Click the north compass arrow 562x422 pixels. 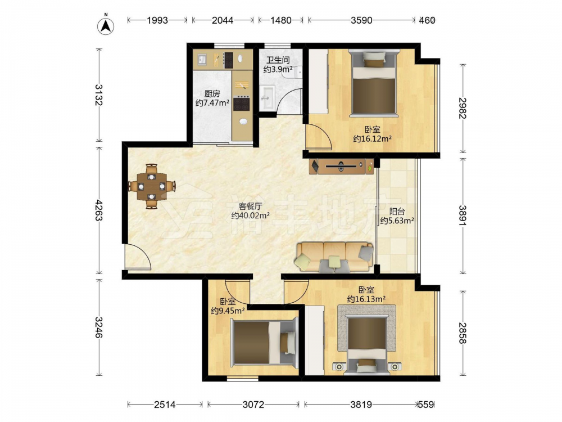[106, 25]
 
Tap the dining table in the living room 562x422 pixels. [152, 186]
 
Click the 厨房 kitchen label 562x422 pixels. [212, 93]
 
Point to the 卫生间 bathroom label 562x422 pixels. [278, 60]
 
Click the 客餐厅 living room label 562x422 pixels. [251, 206]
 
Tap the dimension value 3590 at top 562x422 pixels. [361, 20]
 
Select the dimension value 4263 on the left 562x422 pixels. [98, 210]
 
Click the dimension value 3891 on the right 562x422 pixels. [463, 216]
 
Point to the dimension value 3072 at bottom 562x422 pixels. [253, 405]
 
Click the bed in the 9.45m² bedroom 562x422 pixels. [264, 343]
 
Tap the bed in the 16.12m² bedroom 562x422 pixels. [374, 83]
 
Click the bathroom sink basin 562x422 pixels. [268, 97]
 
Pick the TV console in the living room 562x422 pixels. [341, 166]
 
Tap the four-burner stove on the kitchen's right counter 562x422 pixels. [242, 104]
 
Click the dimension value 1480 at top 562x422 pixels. [280, 20]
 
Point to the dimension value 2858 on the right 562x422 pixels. [463, 333]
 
